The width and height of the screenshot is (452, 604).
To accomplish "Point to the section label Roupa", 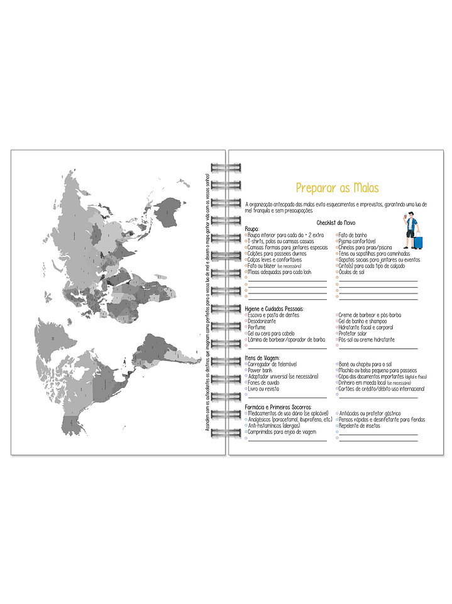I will click(x=252, y=229).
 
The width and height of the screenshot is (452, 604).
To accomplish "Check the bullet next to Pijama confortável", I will click(x=338, y=241).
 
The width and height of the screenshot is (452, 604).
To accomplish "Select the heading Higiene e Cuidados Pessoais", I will click(x=275, y=309).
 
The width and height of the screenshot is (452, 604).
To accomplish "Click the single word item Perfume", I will click(x=256, y=328).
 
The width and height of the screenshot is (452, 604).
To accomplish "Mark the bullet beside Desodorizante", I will click(x=246, y=321).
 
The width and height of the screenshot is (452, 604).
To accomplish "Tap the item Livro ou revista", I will click(x=264, y=389).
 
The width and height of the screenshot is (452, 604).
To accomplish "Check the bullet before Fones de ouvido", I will click(x=246, y=383).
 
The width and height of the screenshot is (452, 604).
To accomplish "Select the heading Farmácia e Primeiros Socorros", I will click(x=277, y=407).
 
